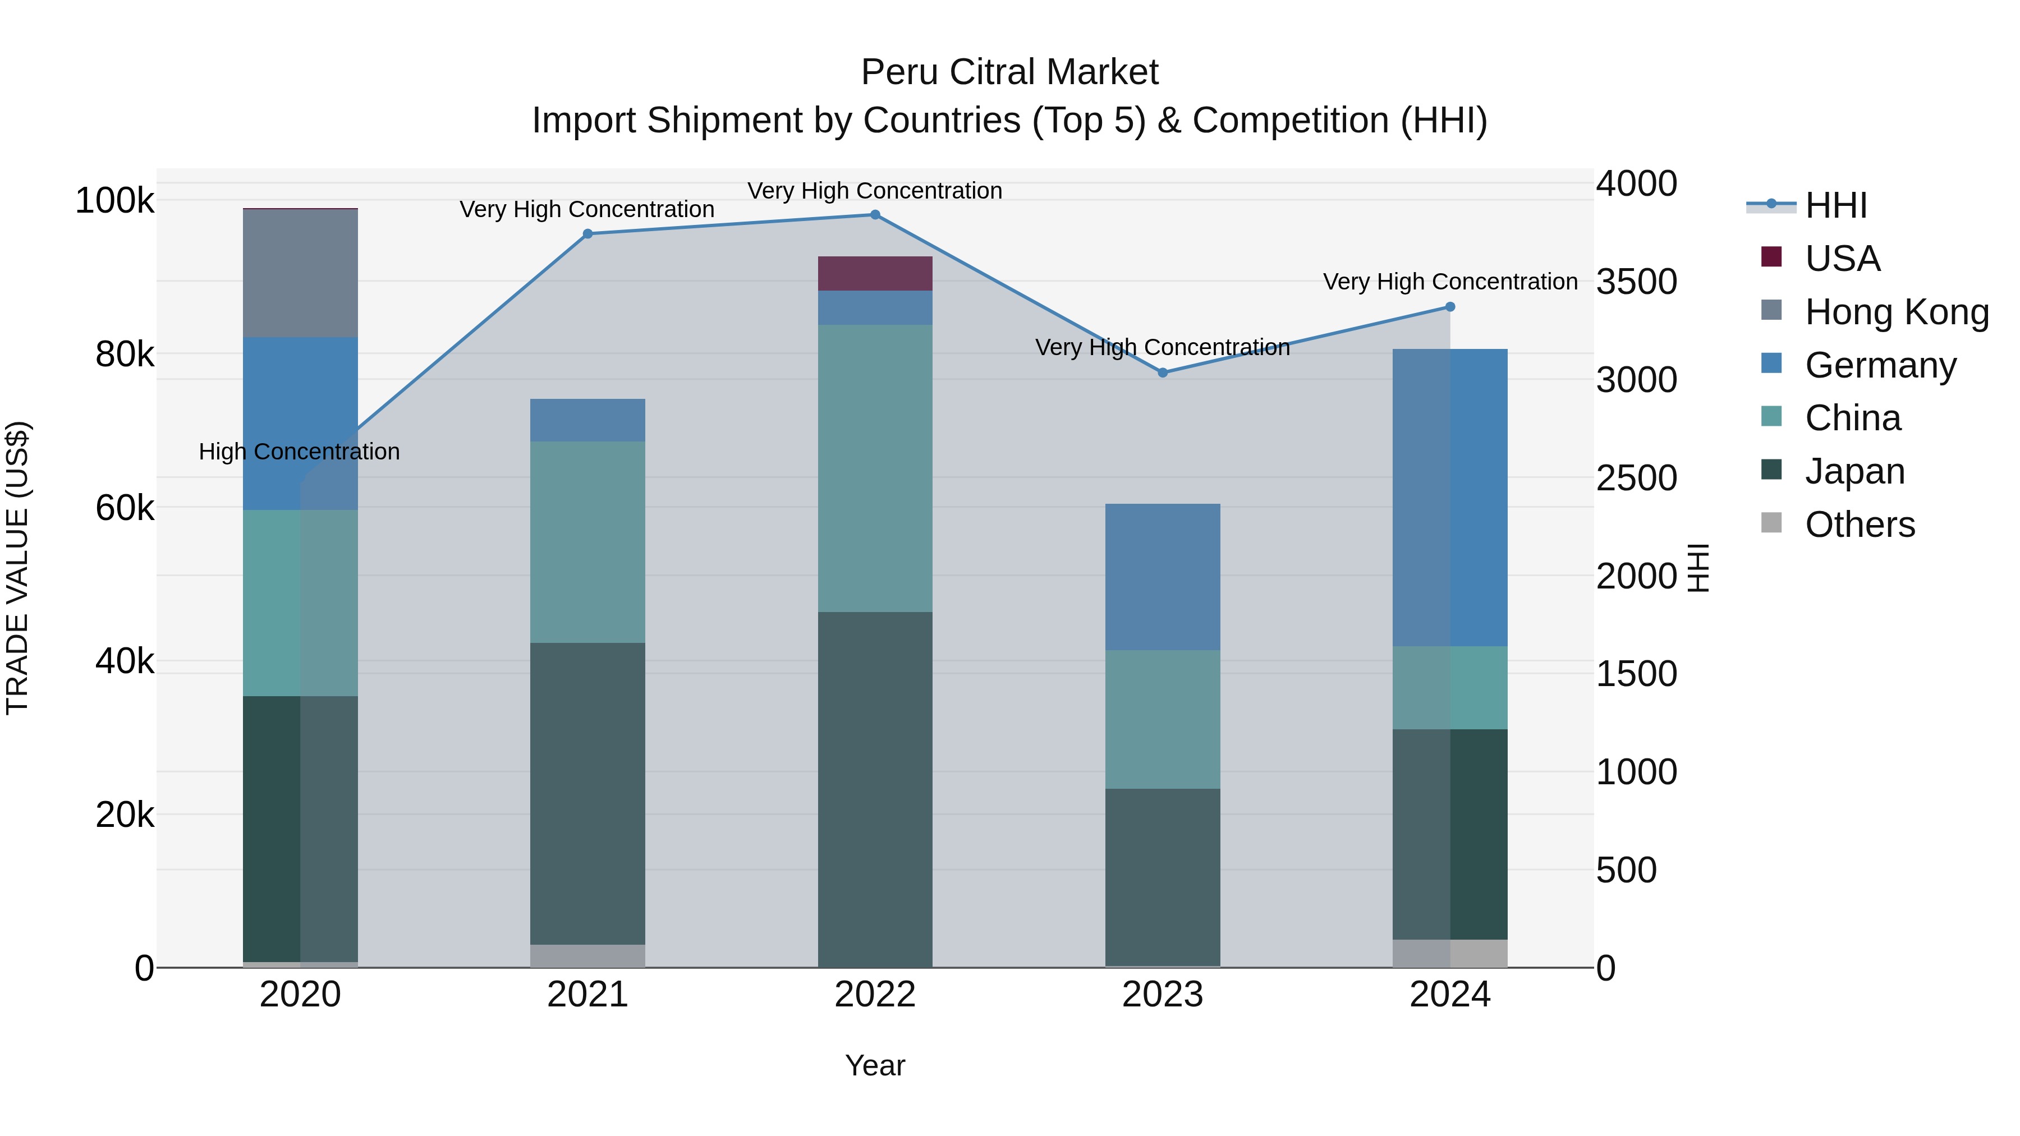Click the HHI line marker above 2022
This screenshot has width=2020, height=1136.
[x=875, y=215]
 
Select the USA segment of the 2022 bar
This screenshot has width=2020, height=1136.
[x=875, y=274]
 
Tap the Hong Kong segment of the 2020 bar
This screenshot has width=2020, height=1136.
[x=300, y=274]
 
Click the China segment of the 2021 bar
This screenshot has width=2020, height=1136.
[x=587, y=542]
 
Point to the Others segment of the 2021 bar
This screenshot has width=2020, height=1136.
[x=587, y=956]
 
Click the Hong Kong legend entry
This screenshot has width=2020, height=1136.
[x=1896, y=312]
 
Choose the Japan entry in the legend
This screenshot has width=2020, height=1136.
[x=1854, y=471]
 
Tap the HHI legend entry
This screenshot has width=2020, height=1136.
[x=1835, y=206]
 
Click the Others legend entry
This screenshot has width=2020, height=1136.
[x=1860, y=525]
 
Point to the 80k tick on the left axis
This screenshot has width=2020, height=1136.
[x=124, y=355]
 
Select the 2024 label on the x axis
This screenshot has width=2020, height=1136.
[x=1449, y=995]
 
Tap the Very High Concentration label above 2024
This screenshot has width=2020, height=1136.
[x=1449, y=282]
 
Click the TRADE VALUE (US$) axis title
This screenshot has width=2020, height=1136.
[x=17, y=568]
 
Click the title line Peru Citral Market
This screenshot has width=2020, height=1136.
[x=1009, y=72]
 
